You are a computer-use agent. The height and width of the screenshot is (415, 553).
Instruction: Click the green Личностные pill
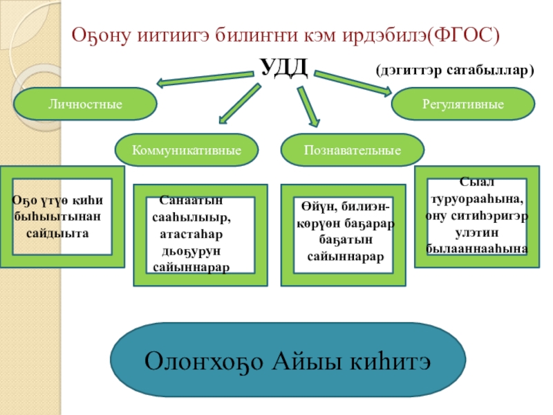(85, 104)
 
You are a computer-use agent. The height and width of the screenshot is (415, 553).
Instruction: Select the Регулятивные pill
(463, 104)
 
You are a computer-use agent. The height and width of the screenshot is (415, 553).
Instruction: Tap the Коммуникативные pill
(186, 149)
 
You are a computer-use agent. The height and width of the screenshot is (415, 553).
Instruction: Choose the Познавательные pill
(353, 149)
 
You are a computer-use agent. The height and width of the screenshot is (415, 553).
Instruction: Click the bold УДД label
(283, 68)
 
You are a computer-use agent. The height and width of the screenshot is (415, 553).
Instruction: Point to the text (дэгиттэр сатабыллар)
(456, 71)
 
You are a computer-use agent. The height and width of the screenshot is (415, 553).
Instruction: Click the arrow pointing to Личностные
(204, 77)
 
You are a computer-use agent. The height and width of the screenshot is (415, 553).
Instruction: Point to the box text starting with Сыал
(477, 215)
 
